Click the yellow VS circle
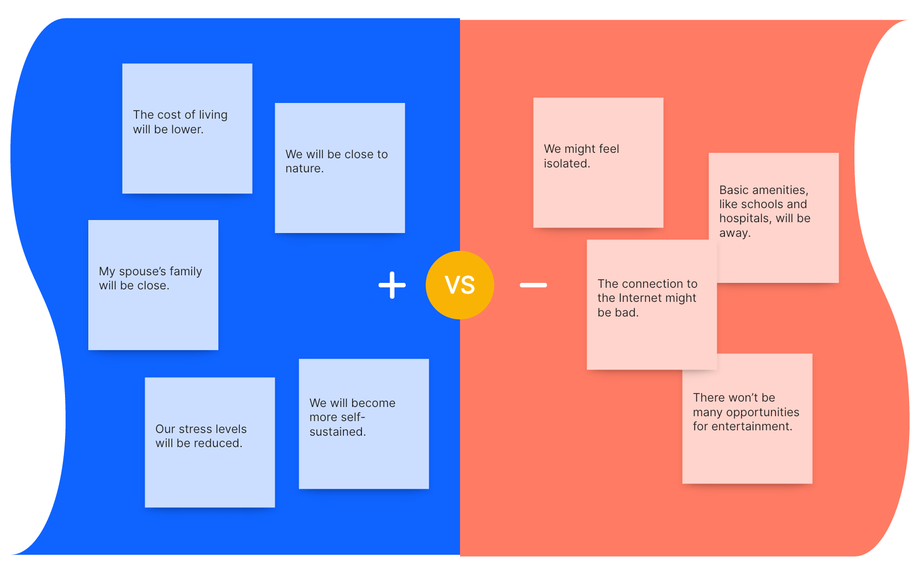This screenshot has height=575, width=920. click(x=459, y=285)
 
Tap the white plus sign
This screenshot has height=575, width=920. click(x=392, y=285)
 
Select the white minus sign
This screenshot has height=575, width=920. click(x=533, y=285)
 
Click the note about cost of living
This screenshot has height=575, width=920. click(x=187, y=128)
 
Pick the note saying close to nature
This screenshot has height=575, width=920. click(x=340, y=168)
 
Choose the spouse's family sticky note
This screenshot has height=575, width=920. click(x=153, y=285)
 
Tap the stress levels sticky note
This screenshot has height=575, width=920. click(x=210, y=442)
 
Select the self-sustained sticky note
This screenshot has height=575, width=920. click(x=364, y=424)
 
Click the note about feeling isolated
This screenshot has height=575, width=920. click(x=598, y=163)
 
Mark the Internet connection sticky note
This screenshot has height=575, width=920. click(x=651, y=305)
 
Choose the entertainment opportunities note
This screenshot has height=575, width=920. click(x=747, y=418)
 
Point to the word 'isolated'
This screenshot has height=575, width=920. click(x=566, y=164)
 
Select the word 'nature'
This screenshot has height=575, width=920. click(x=304, y=169)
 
